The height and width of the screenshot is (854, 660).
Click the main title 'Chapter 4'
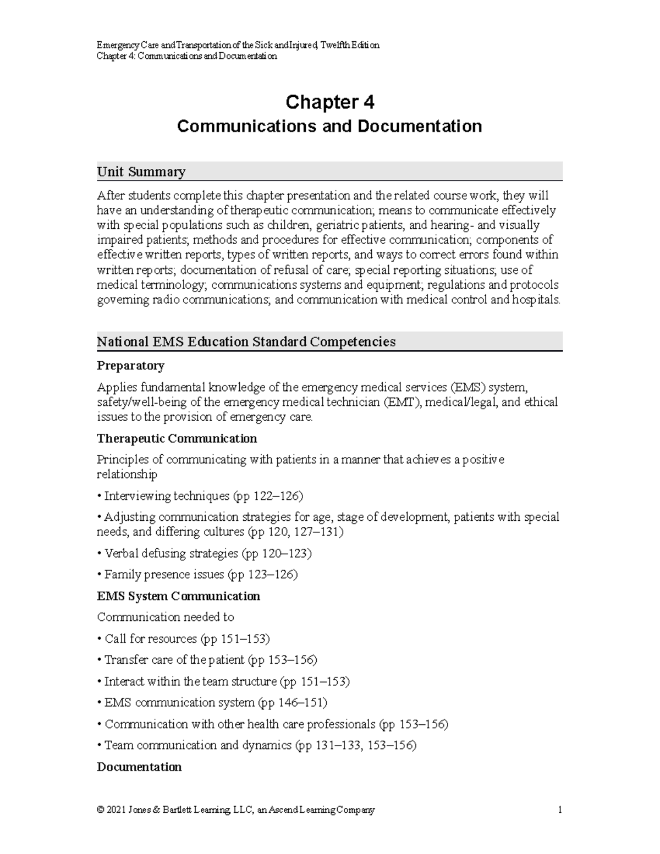[x=329, y=102]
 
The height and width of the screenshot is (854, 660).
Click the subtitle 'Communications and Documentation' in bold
[x=329, y=126]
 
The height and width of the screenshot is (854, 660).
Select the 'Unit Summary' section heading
[x=141, y=172]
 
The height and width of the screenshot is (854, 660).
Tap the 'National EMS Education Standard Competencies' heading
[x=246, y=342]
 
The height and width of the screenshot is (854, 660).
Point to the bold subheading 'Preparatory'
[x=130, y=366]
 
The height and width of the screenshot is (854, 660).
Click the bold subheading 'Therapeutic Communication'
[x=177, y=439]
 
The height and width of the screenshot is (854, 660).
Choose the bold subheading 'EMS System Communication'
[x=178, y=596]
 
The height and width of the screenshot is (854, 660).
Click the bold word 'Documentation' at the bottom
[x=139, y=767]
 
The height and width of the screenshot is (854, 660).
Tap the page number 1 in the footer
[x=559, y=810]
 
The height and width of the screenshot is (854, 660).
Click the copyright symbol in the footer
[x=100, y=810]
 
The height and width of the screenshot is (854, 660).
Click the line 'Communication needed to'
[x=166, y=618]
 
